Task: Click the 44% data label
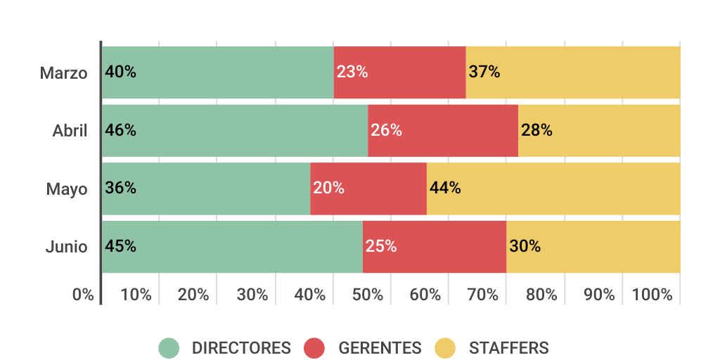445,188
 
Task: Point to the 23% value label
352,72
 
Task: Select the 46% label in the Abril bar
120,131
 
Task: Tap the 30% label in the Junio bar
525,247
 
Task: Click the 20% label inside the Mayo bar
328,188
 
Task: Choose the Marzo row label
64,73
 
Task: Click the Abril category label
70,131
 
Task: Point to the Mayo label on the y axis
67,190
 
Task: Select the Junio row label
67,247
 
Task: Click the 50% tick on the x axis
368,295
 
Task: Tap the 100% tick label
652,295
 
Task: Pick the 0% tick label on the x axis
83,295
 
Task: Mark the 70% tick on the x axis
483,295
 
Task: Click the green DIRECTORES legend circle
169,348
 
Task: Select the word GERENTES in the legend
380,348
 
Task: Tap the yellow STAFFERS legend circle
445,348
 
